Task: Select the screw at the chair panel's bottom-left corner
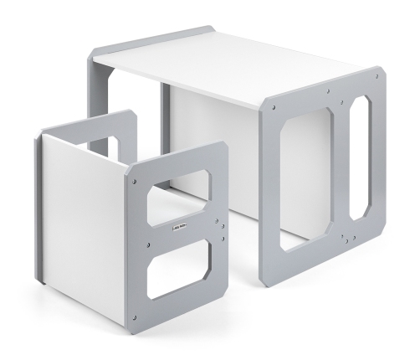point(134,316)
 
